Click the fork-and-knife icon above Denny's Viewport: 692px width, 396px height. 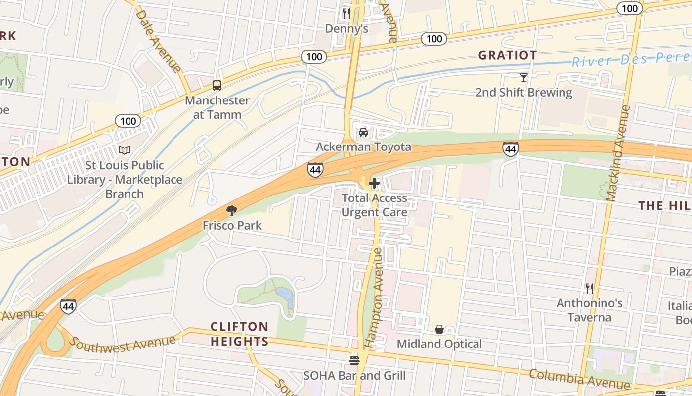click(346, 14)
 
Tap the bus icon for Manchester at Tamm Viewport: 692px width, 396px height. click(217, 85)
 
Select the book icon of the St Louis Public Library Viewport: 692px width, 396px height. click(125, 150)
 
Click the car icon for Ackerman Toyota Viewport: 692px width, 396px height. click(363, 132)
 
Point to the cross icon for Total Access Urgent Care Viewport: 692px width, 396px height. click(374, 183)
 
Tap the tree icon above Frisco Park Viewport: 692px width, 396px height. click(232, 211)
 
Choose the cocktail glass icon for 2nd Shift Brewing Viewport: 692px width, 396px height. click(524, 77)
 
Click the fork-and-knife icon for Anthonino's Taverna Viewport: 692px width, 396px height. click(589, 288)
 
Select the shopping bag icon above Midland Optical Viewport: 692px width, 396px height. click(439, 329)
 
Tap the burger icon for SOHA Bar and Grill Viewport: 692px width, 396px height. click(354, 360)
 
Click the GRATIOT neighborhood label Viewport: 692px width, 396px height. click(507, 55)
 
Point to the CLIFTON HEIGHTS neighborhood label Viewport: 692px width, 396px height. click(240, 334)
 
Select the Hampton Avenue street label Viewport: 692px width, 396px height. click(374, 297)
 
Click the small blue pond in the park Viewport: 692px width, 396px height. click(285, 297)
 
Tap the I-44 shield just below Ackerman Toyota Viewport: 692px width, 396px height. click(315, 170)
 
